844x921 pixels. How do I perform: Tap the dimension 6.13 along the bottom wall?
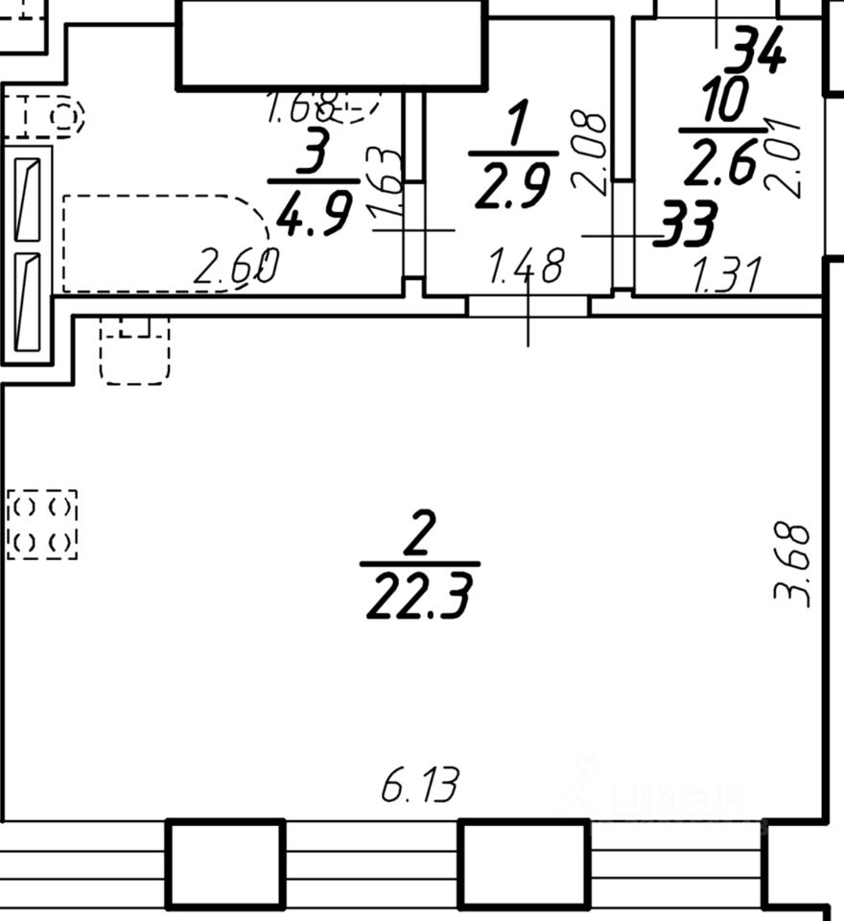point(420,788)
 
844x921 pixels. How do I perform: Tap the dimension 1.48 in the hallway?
point(526,267)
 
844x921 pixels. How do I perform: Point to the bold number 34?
point(755,49)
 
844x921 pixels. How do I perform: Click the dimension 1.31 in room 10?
point(726,276)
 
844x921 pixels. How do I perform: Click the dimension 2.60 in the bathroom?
point(236,268)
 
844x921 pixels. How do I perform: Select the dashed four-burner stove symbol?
point(42,524)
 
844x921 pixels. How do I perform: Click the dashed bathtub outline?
point(163,242)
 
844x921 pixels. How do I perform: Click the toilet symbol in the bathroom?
point(43,117)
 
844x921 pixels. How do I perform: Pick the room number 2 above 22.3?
point(420,534)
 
